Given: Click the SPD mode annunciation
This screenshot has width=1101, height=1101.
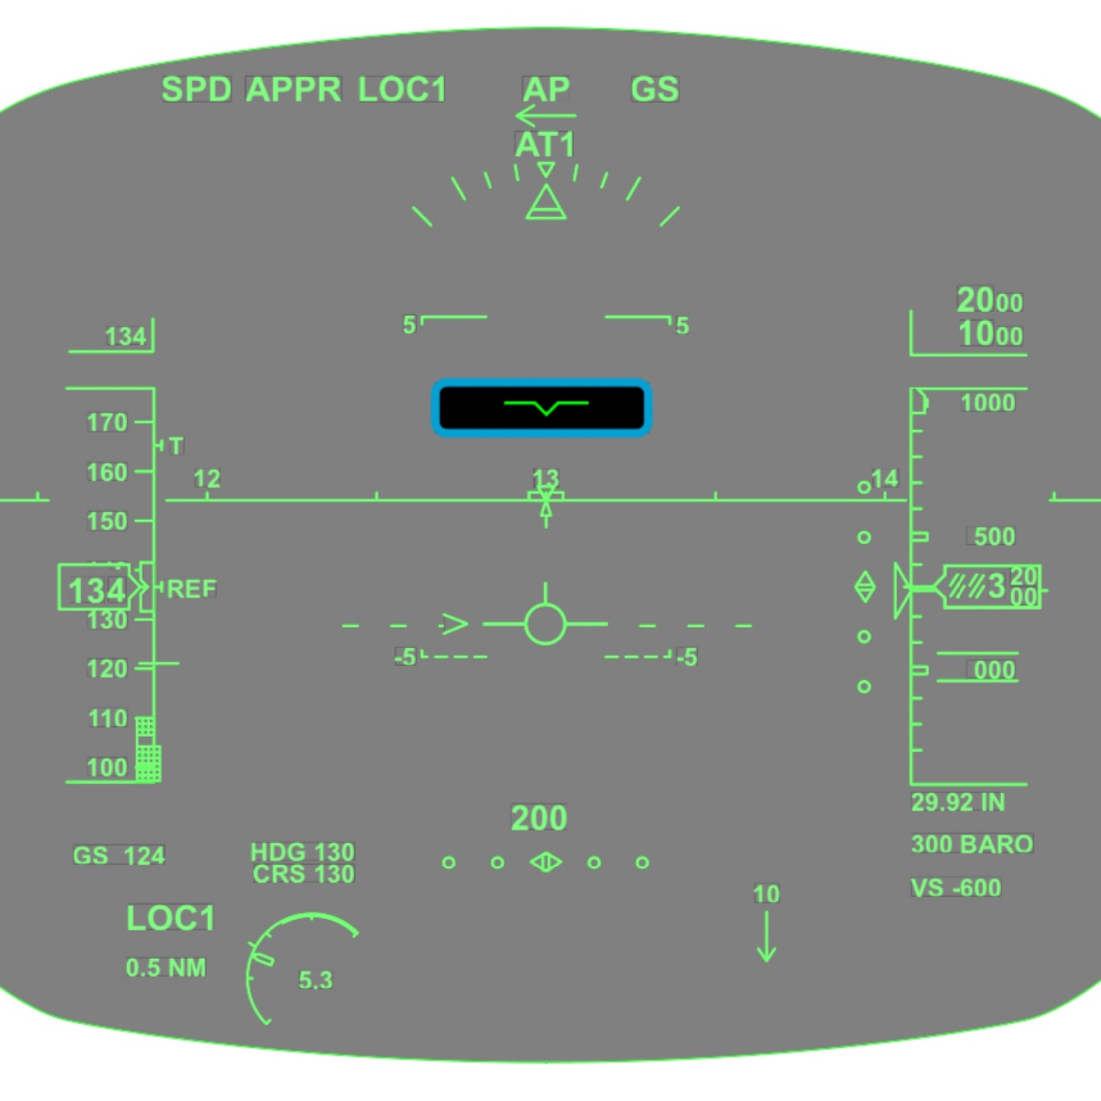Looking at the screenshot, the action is [x=196, y=89].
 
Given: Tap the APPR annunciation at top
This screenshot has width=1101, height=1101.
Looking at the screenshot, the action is [x=294, y=89].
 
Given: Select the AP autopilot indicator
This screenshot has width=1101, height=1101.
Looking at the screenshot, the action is [x=546, y=89].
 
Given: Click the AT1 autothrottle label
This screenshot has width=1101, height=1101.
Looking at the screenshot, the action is [x=545, y=145].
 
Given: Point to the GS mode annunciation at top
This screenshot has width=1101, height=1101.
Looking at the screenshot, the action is [x=654, y=89].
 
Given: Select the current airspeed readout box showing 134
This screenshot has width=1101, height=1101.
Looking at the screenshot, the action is [x=96, y=589].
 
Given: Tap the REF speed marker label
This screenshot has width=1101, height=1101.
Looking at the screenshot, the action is [x=191, y=589].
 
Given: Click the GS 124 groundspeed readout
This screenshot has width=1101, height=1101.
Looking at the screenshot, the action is [x=119, y=856].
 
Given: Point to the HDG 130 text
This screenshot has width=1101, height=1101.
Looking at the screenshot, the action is [x=302, y=852].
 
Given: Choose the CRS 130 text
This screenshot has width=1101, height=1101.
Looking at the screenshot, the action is [x=304, y=874].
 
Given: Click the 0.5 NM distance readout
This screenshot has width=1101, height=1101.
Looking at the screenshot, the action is [x=166, y=967].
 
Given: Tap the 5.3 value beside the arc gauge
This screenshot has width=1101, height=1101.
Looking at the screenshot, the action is [x=315, y=981].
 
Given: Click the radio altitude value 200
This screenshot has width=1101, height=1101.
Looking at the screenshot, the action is [x=539, y=819].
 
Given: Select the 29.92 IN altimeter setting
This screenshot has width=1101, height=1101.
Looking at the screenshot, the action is [x=957, y=802].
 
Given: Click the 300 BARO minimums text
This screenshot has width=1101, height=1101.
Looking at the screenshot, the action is [x=971, y=844].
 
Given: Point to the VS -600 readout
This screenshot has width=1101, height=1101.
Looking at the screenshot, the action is [x=956, y=888].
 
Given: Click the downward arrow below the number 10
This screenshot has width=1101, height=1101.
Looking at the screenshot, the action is [x=767, y=938].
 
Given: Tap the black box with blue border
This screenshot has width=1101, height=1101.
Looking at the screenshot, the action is [x=541, y=408].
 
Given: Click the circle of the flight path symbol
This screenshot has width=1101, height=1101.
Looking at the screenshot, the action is [x=545, y=624].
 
